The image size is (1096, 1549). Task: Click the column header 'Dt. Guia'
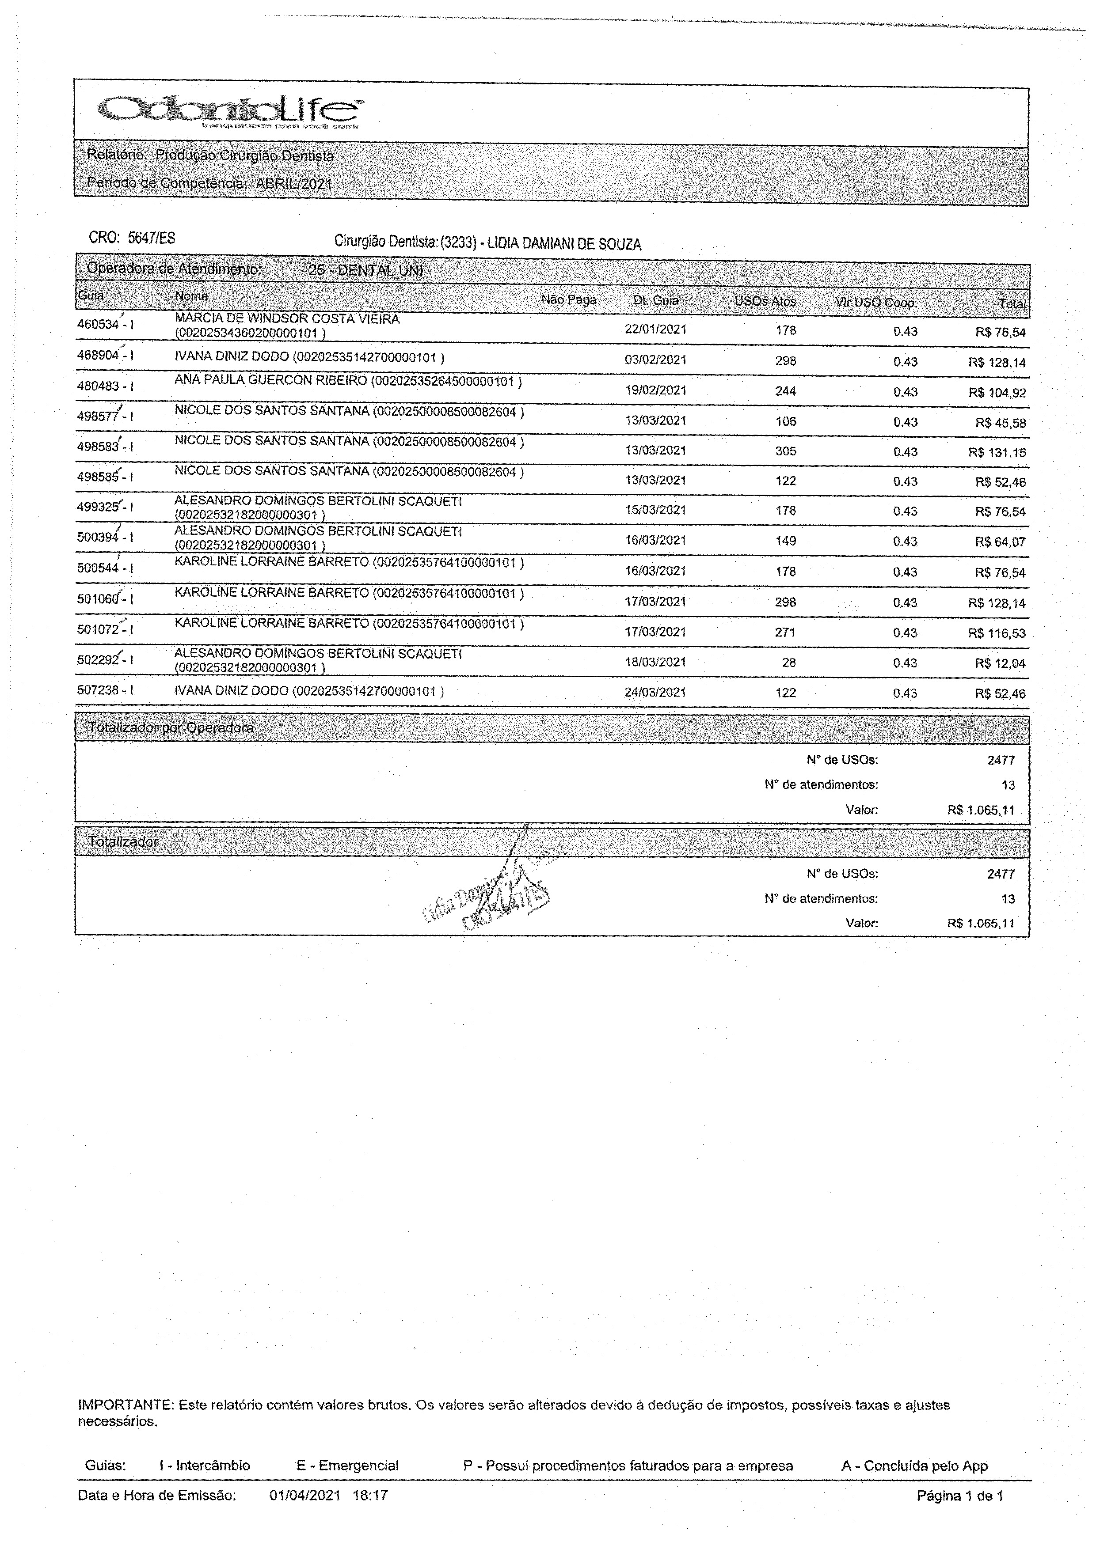pyautogui.click(x=655, y=300)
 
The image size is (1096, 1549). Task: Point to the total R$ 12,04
pyautogui.click(x=1000, y=664)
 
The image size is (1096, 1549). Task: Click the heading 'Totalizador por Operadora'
pyautogui.click(x=171, y=728)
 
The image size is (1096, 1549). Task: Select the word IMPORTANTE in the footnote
pyautogui.click(x=126, y=1405)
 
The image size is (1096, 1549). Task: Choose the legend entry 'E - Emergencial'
pyautogui.click(x=347, y=1466)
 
